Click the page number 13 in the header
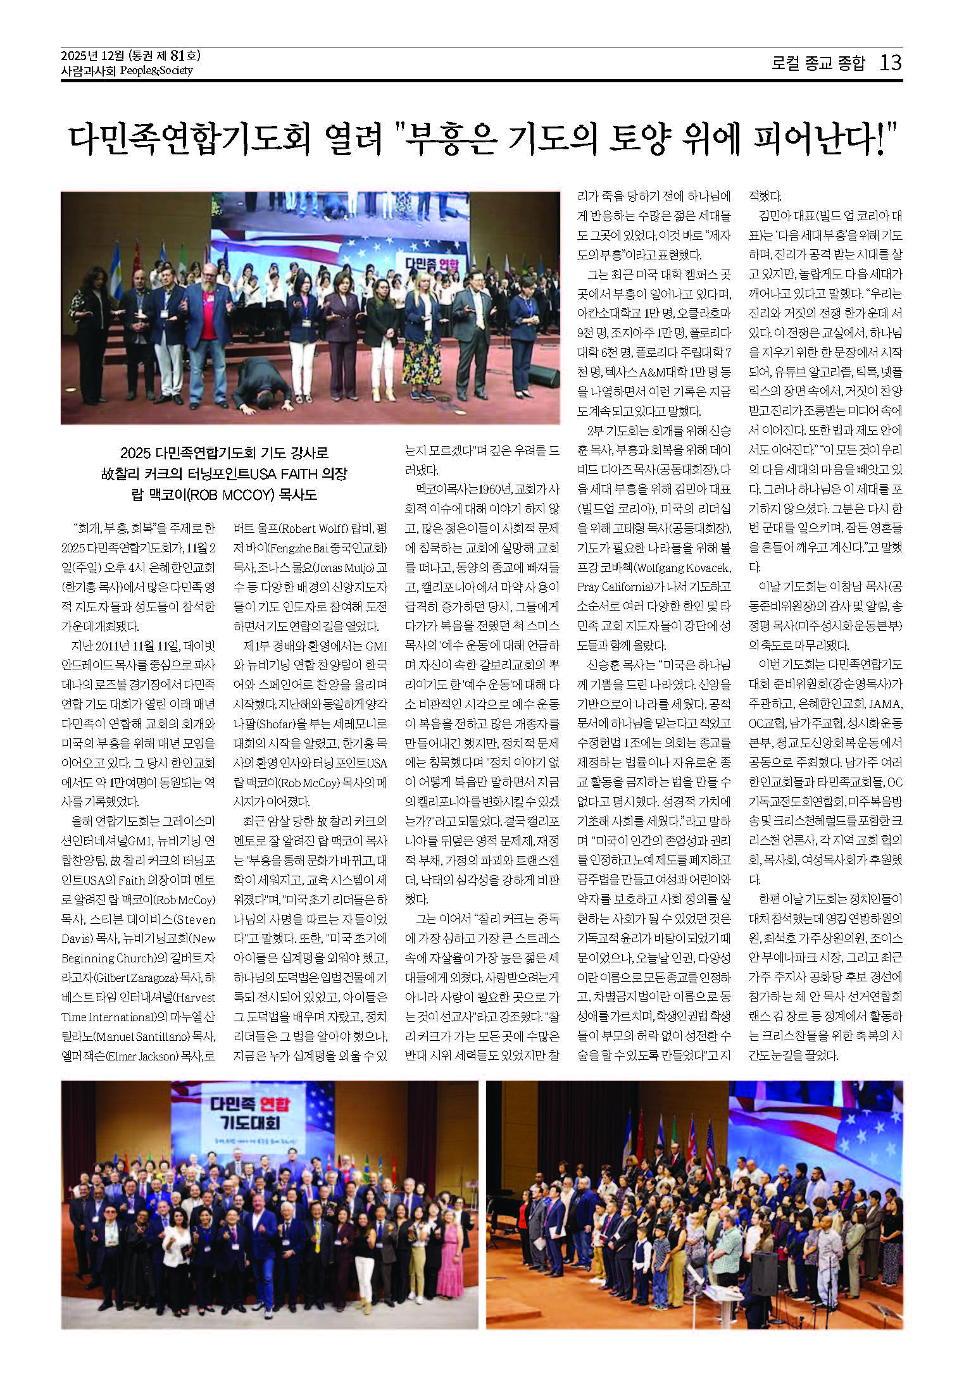tap(889, 63)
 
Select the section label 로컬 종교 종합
tap(818, 63)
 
